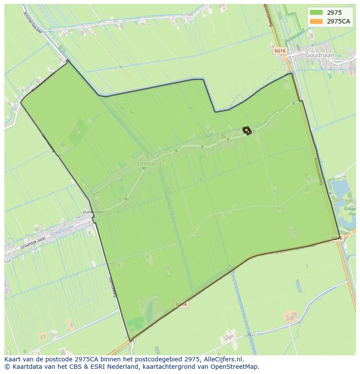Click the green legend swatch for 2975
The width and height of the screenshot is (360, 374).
[x=316, y=13]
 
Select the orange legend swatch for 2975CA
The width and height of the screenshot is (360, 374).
[x=316, y=21]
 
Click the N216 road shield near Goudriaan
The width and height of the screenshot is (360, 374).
[x=280, y=51]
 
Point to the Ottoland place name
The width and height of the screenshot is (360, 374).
[x=149, y=164]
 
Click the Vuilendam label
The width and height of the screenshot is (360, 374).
[x=93, y=212]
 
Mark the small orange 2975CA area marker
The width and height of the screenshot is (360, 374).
[x=247, y=130]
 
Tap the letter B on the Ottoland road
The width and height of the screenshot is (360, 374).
[x=126, y=199]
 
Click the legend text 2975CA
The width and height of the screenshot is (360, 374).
[x=339, y=21]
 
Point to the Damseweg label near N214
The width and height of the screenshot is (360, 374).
[x=112, y=287]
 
